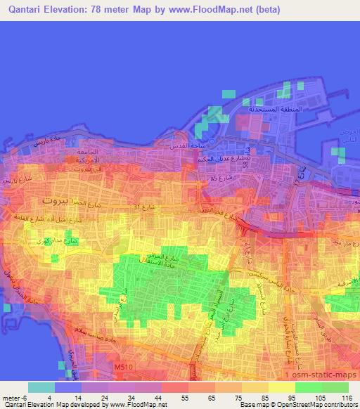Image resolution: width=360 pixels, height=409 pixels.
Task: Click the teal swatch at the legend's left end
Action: [x=41, y=387]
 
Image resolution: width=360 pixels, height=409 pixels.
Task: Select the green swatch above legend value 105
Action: [x=309, y=387]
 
